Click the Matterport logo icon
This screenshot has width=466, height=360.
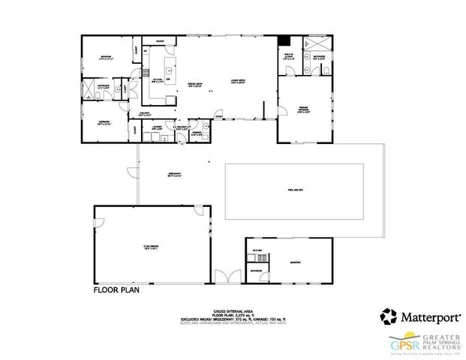[x=389, y=315]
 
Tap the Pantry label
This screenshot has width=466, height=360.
[x=161, y=40]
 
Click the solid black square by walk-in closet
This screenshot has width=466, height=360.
[x=284, y=40]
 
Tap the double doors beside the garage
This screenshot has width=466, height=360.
[x=227, y=275]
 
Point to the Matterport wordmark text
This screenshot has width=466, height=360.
[x=425, y=316]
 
